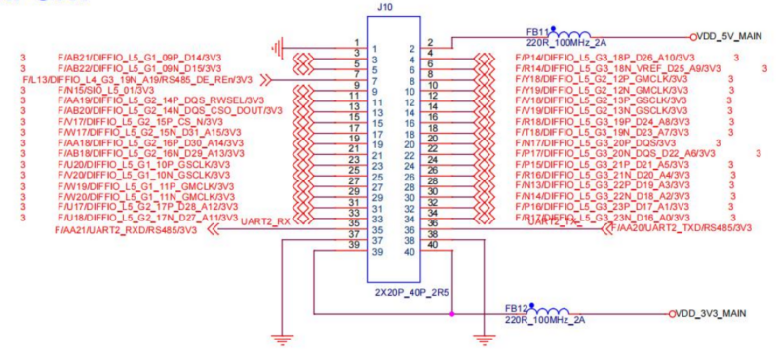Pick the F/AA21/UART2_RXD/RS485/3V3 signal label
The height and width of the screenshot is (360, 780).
coord(131,231)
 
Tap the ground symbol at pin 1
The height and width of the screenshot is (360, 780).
coord(281,46)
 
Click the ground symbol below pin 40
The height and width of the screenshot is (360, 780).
coord(481,340)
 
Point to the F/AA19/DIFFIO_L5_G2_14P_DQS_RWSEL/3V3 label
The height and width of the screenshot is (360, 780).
coord(160,100)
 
